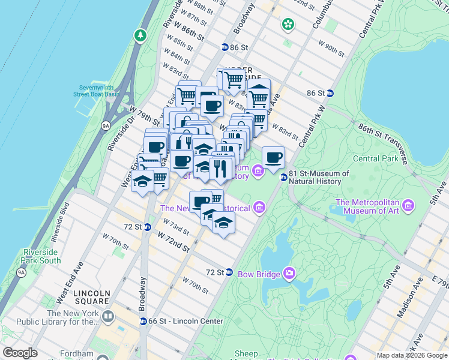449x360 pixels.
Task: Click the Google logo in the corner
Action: (x=20, y=353)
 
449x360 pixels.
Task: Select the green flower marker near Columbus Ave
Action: (x=288, y=25)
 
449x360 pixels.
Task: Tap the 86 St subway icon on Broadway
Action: (x=224, y=47)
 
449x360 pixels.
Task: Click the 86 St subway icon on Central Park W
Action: (x=330, y=93)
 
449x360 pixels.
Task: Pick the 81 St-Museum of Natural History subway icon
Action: (x=283, y=176)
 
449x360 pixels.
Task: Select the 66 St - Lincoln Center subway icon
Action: (x=143, y=321)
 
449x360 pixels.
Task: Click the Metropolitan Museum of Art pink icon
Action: (x=408, y=206)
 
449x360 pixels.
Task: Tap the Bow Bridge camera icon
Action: (x=289, y=274)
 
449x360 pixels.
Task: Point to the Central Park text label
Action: (x=375, y=159)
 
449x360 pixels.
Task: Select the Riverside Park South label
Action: (x=41, y=256)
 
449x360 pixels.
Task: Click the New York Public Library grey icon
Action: (x=108, y=316)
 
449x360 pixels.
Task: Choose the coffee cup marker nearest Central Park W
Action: (x=273, y=158)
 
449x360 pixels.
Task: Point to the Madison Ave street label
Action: (x=408, y=298)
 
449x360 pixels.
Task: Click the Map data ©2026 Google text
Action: (x=411, y=355)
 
